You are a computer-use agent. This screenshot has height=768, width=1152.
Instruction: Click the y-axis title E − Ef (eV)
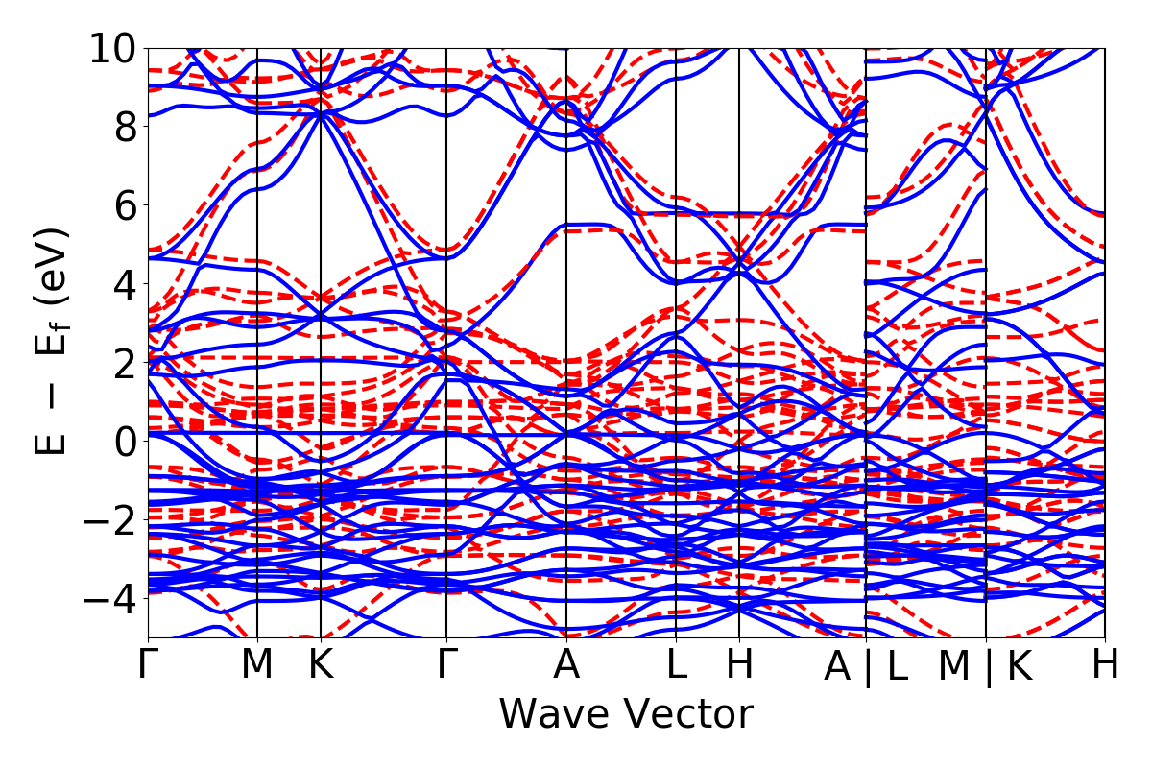point(52,342)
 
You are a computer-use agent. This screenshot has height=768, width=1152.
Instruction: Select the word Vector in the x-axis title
point(686,714)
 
